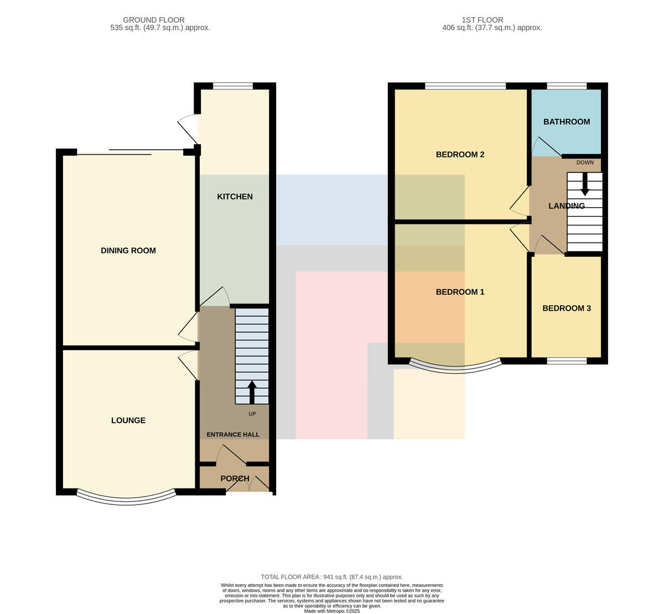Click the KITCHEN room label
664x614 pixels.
coord(235,196)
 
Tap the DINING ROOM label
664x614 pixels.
coord(128,250)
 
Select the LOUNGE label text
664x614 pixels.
coord(128,420)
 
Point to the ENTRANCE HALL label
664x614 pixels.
coord(233,434)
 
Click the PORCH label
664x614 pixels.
coord(235,479)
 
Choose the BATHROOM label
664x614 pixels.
coord(567,122)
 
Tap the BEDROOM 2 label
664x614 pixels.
coord(460,154)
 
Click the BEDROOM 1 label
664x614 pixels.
coord(460,292)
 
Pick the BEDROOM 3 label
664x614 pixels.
coord(567,308)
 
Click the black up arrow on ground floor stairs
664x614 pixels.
coord(252,392)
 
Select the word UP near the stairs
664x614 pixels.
coord(252,414)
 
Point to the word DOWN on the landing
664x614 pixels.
coord(585,162)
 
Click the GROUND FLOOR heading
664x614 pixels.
coord(154,20)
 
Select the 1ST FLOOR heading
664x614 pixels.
coord(483,20)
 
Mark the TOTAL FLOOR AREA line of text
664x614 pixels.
coord(332,577)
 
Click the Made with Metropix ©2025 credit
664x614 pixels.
coord(332,611)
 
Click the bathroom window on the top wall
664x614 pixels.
coord(567,86)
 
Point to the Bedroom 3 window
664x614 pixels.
coord(567,360)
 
